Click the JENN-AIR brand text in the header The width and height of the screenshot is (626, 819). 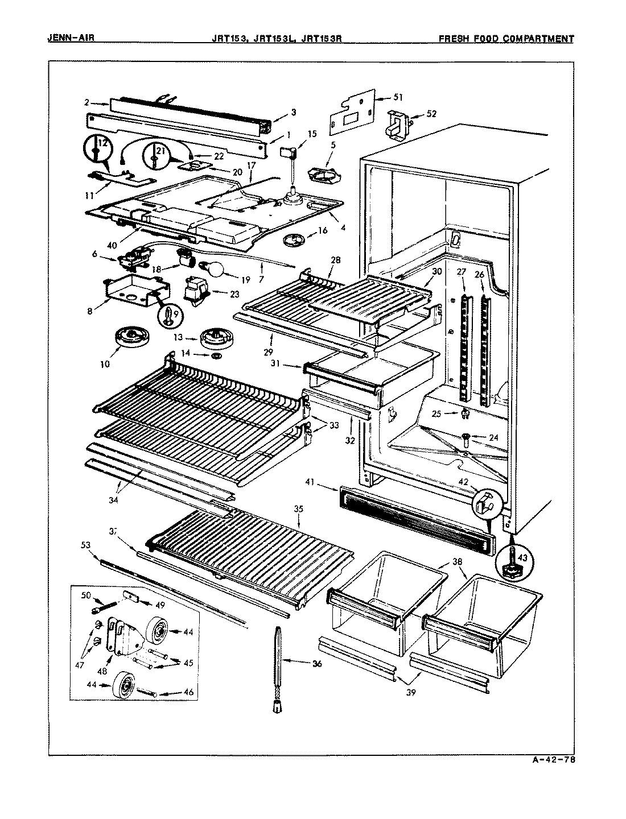click(x=71, y=39)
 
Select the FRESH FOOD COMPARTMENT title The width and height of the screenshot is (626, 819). click(x=506, y=39)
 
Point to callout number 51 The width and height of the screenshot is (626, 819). click(x=398, y=97)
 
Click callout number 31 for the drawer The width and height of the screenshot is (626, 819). click(x=289, y=365)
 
